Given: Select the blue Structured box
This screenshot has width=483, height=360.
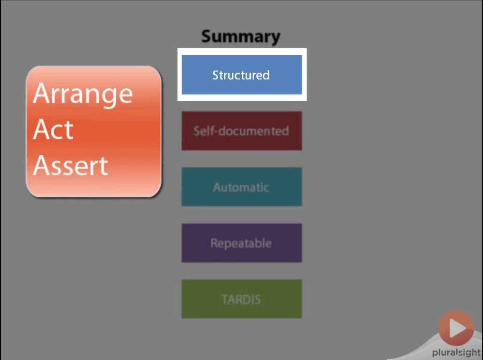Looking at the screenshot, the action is (242, 75).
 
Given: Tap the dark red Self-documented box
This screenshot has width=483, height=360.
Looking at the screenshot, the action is (242, 131).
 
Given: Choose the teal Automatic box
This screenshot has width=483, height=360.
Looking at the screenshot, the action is (242, 187).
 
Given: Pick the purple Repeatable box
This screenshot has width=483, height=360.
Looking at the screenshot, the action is (242, 243).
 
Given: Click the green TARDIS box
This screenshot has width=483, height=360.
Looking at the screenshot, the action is (242, 299).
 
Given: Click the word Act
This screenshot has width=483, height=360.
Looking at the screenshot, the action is (53, 129).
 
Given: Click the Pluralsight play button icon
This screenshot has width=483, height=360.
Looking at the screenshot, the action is (456, 328).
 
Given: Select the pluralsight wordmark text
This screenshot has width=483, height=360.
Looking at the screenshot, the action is (456, 352).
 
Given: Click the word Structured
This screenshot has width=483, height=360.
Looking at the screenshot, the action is (241, 75).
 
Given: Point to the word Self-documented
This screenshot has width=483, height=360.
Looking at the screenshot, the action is (241, 131).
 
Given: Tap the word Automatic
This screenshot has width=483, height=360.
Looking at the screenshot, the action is (241, 187).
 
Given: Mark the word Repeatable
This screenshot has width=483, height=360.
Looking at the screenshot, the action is (241, 244).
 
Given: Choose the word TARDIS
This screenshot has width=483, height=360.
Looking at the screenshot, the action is (241, 299).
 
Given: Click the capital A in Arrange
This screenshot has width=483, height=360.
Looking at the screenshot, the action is (42, 93).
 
